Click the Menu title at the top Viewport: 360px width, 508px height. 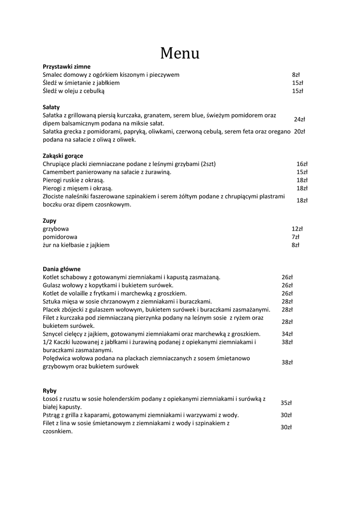pos(180,53)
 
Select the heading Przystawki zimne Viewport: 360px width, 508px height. pos(67,66)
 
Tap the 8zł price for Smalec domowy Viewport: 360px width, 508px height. pos(296,75)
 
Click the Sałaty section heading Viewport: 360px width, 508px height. pos(51,107)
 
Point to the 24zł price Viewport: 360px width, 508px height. pos(299,120)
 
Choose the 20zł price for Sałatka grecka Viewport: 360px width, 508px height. pos(299,131)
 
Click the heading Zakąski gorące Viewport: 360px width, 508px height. pos(63,156)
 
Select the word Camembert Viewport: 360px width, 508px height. pos(59,172)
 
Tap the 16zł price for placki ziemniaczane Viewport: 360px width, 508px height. pos(302,164)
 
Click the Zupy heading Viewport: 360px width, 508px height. pos(50,221)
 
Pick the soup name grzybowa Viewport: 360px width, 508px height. pos(56,229)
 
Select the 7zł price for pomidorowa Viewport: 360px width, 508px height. pos(295,237)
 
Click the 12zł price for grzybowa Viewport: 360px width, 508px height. pos(297,229)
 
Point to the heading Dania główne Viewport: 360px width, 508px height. pos(62,269)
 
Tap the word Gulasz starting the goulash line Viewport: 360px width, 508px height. pos(52,286)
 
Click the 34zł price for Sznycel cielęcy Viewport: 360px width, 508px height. pos(287,334)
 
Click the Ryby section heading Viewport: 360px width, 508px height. pos(50,391)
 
